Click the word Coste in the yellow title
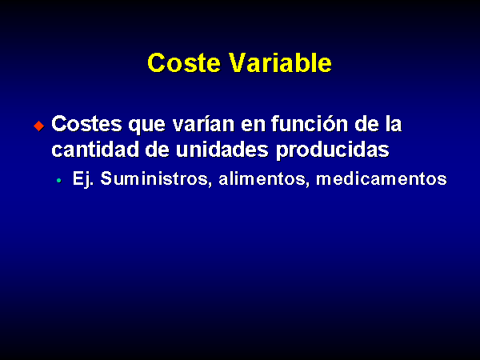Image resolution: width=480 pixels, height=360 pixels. pyautogui.click(x=184, y=62)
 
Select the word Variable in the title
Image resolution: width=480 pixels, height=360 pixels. pyautogui.click(x=281, y=62)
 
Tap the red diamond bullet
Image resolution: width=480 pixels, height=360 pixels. pyautogui.click(x=39, y=126)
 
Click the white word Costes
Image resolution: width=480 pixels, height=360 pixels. pyautogui.click(x=87, y=124)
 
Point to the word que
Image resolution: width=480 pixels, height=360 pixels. pyautogui.click(x=147, y=126)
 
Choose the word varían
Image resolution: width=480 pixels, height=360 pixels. pyautogui.click(x=203, y=124)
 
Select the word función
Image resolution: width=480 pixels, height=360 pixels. pyautogui.click(x=310, y=124)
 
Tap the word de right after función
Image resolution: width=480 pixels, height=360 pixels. pyautogui.click(x=366, y=124)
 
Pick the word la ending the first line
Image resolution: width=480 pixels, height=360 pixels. pyautogui.click(x=393, y=124)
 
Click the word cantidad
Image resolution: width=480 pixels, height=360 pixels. pyautogui.click(x=95, y=150)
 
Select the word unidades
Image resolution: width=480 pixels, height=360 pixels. pyautogui.click(x=222, y=150)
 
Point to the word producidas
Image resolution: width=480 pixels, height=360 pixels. pyautogui.click(x=333, y=150)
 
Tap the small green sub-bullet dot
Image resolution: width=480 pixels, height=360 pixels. pyautogui.click(x=58, y=181)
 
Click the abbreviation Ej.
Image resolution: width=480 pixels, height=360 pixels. pyautogui.click(x=83, y=179)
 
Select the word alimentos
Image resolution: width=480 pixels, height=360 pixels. pyautogui.click(x=262, y=178)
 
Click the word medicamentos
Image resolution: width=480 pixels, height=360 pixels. pyautogui.click(x=382, y=178)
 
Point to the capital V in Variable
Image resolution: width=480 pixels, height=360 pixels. pyautogui.click(x=238, y=62)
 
